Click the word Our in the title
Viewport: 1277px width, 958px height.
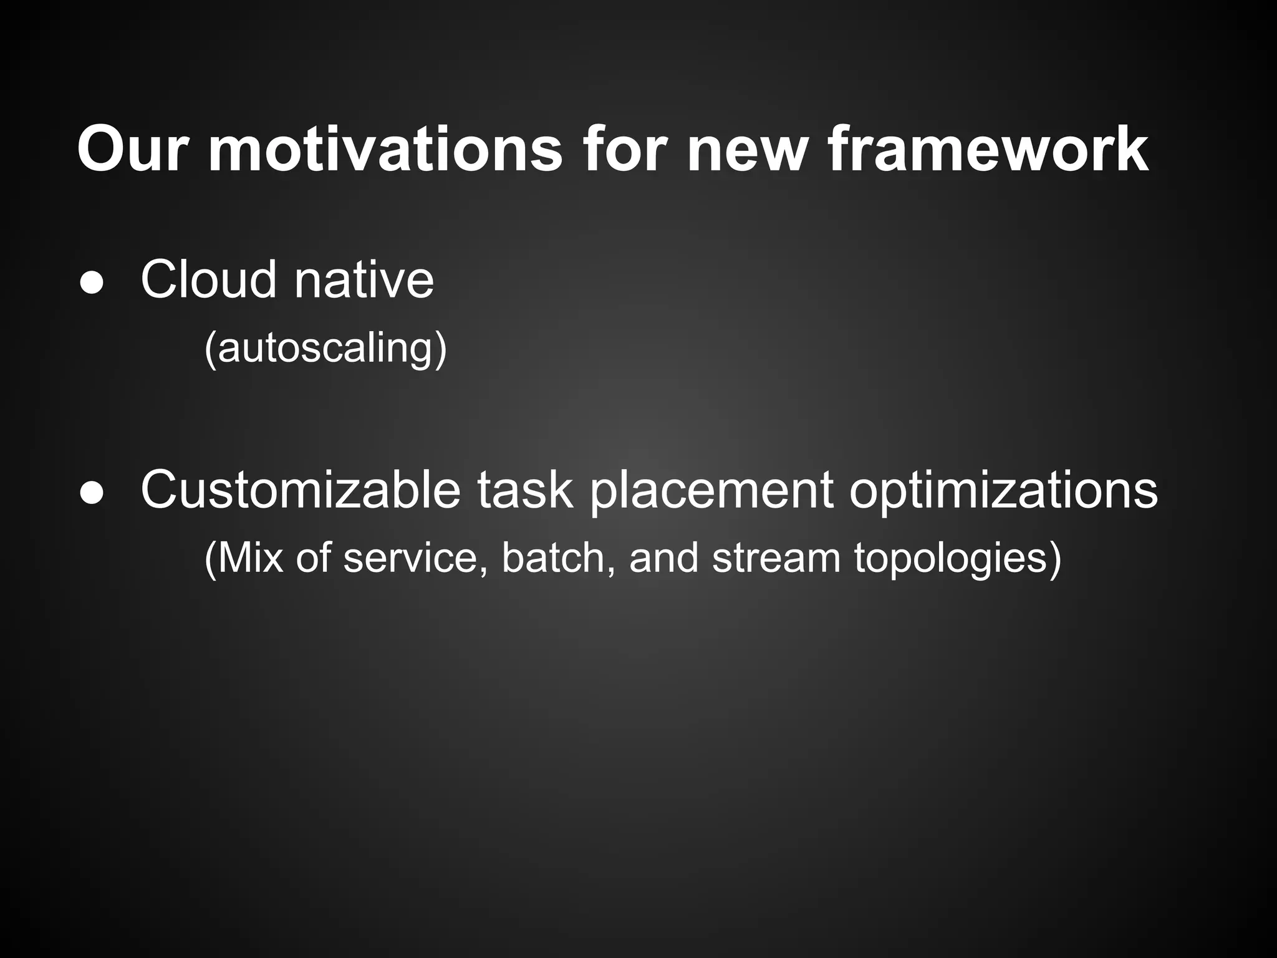pyautogui.click(x=132, y=150)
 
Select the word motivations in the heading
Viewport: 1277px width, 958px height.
pyautogui.click(x=385, y=150)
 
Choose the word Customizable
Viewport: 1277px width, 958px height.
pyautogui.click(x=301, y=490)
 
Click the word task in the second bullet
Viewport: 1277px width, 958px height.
pyautogui.click(x=525, y=490)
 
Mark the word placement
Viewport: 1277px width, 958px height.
pyautogui.click(x=711, y=490)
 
